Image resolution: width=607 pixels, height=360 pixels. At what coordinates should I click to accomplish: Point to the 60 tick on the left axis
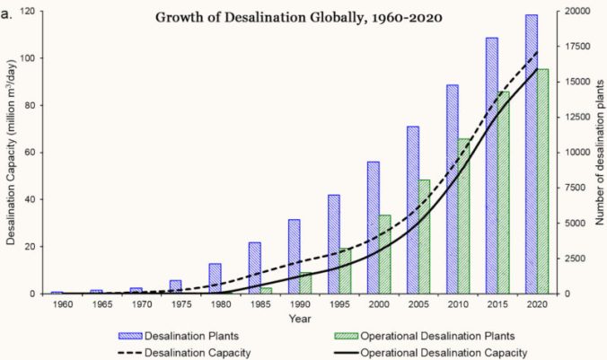36,153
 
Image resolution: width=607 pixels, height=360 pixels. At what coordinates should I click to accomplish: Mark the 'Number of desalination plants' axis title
596,153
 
